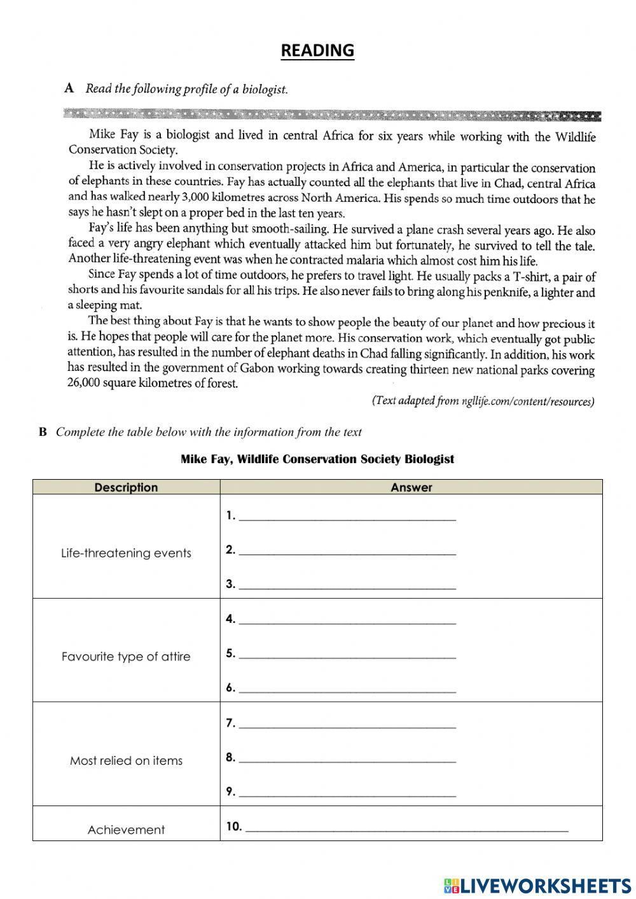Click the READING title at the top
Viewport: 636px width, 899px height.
click(x=317, y=51)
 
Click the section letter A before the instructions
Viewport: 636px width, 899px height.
click(x=69, y=88)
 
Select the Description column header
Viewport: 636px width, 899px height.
click(x=126, y=487)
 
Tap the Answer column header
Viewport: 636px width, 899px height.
click(x=411, y=487)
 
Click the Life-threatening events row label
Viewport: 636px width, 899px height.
click(x=126, y=553)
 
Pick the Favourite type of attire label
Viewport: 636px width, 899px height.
click(x=126, y=657)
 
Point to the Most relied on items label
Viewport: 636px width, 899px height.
click(x=126, y=760)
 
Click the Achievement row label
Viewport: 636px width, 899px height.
click(x=126, y=830)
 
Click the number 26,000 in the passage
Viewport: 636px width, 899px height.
click(x=83, y=383)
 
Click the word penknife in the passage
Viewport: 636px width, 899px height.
click(x=506, y=292)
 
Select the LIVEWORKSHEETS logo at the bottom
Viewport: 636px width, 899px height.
click(x=537, y=885)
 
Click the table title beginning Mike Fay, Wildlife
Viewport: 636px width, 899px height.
click(x=317, y=459)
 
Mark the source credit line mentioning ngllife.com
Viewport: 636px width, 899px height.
click(x=483, y=401)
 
